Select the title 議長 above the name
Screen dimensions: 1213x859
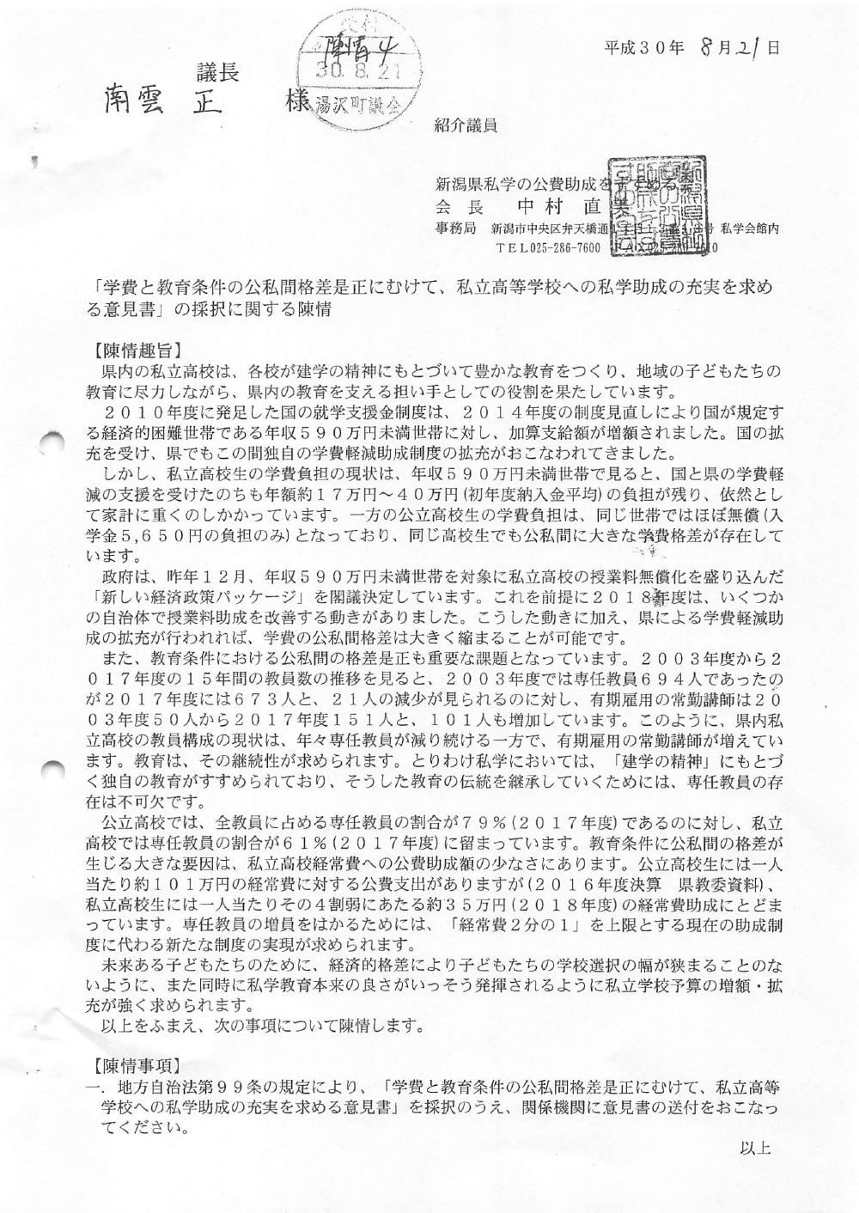point(217,74)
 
